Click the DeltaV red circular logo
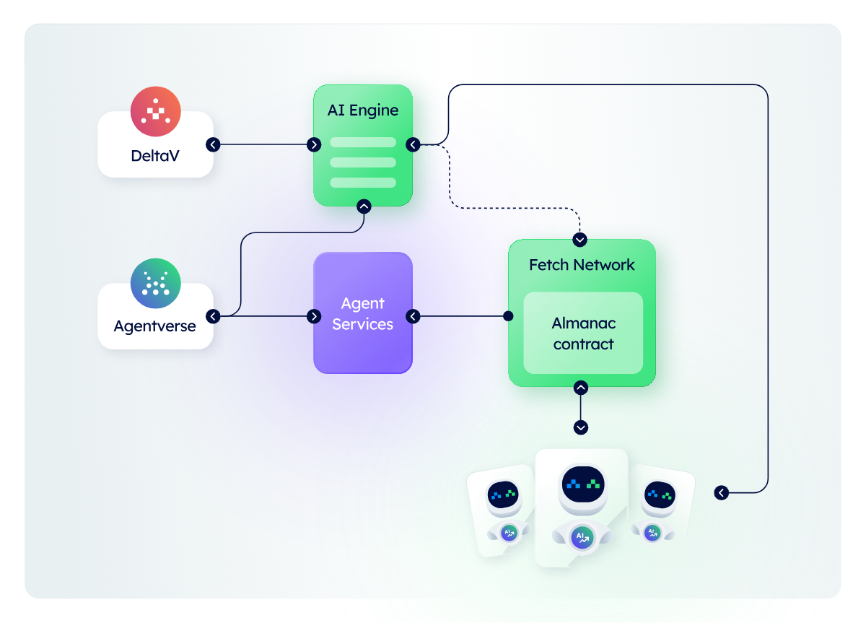click(x=155, y=112)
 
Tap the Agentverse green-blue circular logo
click(x=155, y=284)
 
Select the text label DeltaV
click(x=155, y=155)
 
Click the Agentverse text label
click(x=155, y=326)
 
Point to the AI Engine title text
click(x=363, y=110)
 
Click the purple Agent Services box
click(x=363, y=313)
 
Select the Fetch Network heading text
click(x=582, y=265)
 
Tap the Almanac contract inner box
click(x=583, y=333)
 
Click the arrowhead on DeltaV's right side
click(x=213, y=144)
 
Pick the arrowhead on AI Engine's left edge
click(x=314, y=144)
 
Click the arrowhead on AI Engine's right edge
click(x=413, y=144)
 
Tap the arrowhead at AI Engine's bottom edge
click(x=364, y=206)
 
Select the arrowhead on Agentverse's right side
click(x=213, y=316)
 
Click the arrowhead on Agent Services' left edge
click(x=314, y=316)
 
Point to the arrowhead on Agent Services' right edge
click(x=413, y=316)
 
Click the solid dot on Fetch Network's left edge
click(x=508, y=316)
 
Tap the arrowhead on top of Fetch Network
click(x=580, y=239)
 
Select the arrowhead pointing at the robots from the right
click(x=721, y=493)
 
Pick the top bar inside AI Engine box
click(x=363, y=142)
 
